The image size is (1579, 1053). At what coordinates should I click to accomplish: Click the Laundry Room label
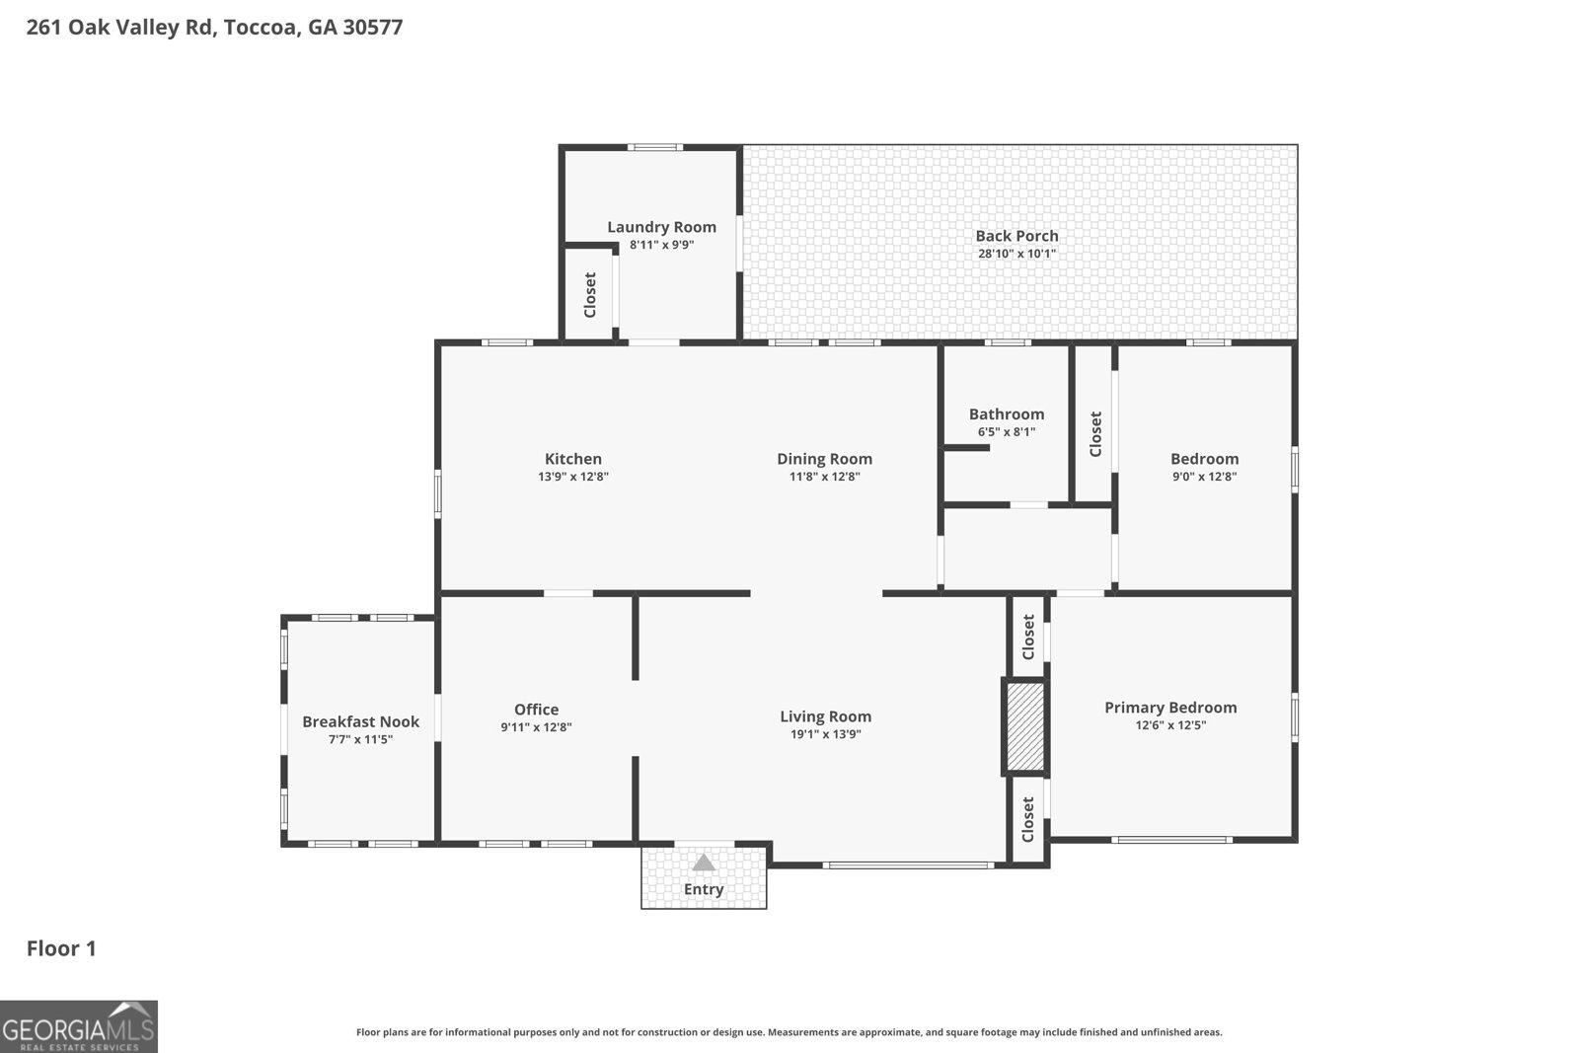point(661,227)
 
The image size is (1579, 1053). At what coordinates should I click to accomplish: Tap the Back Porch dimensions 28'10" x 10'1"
point(1016,254)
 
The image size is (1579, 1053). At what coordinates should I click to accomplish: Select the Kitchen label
point(572,459)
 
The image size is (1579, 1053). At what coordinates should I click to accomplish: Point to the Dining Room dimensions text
point(824,477)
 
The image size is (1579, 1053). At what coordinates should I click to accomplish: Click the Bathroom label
point(1006,414)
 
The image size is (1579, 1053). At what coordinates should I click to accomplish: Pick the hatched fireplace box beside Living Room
point(1024,726)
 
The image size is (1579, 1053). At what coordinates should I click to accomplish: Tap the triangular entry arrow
point(703,864)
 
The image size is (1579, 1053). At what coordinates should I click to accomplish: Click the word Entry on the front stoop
point(704,889)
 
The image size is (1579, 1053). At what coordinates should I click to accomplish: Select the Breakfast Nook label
point(360,721)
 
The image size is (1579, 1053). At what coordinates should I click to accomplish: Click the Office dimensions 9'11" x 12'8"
point(536,727)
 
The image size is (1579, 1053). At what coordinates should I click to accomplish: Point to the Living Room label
point(825,716)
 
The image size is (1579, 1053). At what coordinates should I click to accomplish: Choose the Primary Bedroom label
point(1169,708)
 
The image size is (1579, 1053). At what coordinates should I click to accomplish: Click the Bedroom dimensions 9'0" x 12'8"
point(1204,477)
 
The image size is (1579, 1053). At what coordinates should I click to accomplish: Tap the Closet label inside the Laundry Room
point(590,294)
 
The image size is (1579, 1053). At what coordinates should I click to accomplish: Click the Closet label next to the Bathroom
point(1094,434)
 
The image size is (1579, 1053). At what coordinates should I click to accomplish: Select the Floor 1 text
point(61,948)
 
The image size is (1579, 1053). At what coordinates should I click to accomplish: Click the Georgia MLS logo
point(79,1026)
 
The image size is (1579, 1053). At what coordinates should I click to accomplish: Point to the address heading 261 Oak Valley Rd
point(214,27)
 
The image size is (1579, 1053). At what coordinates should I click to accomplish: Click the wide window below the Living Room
point(908,865)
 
